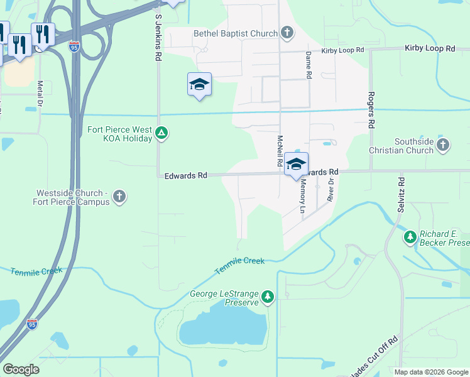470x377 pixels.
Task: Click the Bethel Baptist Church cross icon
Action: (x=287, y=33)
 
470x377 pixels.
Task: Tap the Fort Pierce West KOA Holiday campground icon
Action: (x=162, y=133)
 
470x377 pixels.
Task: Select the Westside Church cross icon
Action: (x=119, y=197)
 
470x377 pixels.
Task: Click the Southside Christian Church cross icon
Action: (x=443, y=146)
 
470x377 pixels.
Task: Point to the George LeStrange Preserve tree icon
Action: (x=268, y=297)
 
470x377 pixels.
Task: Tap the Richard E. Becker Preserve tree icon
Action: (x=410, y=236)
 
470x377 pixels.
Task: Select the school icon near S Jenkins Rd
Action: (x=199, y=85)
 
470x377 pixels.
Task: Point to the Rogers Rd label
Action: (x=371, y=110)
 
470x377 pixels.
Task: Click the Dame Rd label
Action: (x=309, y=65)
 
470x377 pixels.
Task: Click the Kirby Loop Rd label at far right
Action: (x=430, y=48)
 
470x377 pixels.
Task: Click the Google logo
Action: (x=21, y=369)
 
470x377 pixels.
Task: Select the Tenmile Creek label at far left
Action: (x=36, y=271)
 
